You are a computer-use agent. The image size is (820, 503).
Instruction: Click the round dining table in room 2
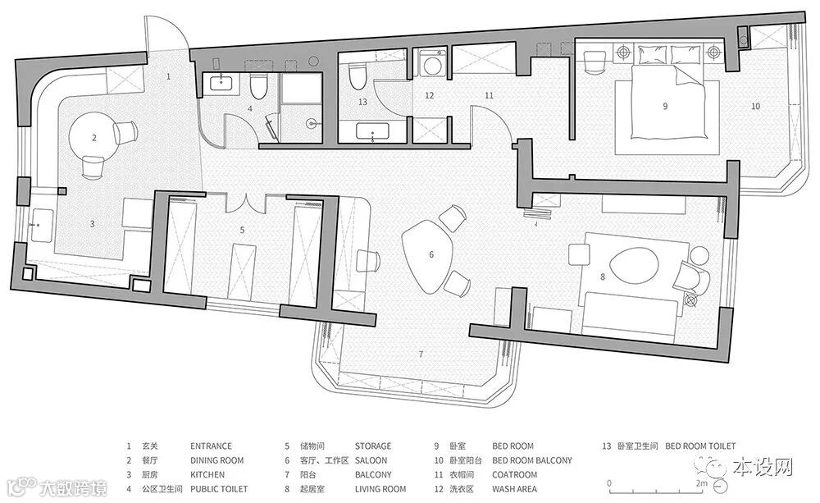click(x=94, y=138)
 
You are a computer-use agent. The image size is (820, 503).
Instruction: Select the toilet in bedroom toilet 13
click(x=357, y=76)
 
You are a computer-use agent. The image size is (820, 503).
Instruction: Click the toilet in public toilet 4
click(x=257, y=86)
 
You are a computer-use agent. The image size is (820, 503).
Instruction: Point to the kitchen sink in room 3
click(x=42, y=225)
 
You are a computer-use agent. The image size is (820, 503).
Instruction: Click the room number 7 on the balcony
click(x=421, y=354)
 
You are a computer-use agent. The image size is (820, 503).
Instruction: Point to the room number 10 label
click(x=755, y=106)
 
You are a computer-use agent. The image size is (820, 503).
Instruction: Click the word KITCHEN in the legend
click(x=207, y=475)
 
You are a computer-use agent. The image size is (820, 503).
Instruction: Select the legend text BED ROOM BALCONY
click(x=532, y=460)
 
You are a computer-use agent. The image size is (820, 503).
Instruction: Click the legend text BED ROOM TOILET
click(x=700, y=446)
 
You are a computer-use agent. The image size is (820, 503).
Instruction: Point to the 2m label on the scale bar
click(x=701, y=483)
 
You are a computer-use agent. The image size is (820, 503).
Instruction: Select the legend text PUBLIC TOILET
click(x=219, y=489)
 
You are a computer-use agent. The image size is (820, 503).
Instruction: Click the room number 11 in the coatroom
click(x=489, y=95)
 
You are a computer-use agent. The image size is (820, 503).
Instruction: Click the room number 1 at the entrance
click(x=168, y=76)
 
